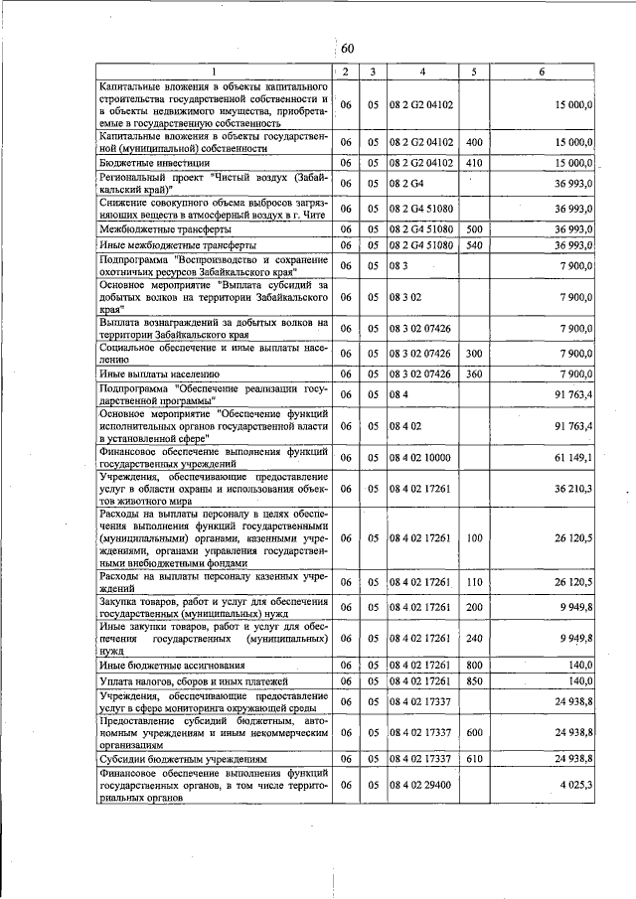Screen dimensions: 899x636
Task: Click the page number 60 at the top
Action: coord(347,49)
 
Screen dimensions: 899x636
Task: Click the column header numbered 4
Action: coord(421,73)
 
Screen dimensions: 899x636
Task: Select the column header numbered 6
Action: coord(542,73)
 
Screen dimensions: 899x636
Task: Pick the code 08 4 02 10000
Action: coord(420,458)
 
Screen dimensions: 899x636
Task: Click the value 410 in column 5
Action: coord(473,162)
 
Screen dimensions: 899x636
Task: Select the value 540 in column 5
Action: coord(473,244)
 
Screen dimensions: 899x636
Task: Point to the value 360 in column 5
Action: coord(473,375)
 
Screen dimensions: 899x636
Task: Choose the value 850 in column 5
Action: coord(473,681)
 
